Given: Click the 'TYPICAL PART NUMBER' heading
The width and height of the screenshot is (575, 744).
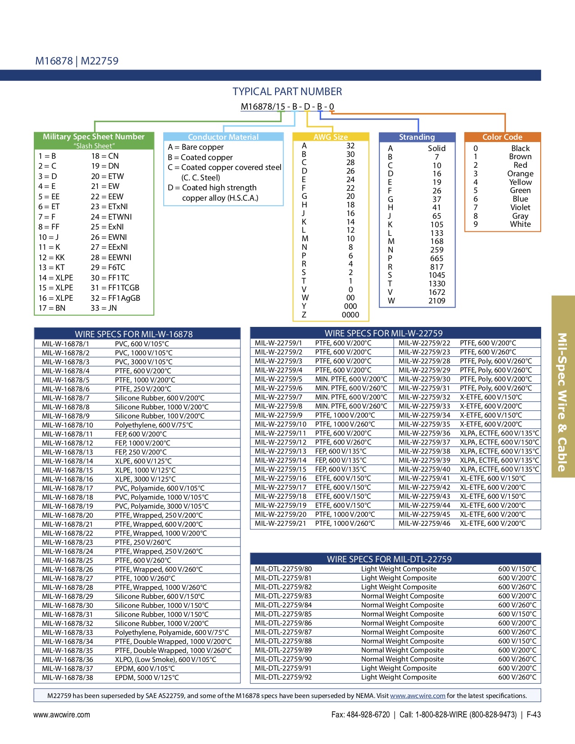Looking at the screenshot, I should click(x=287, y=92).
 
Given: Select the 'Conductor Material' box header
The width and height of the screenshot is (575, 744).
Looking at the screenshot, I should click(x=223, y=137).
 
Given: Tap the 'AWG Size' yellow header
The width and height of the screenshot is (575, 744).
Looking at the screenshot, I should click(x=331, y=137).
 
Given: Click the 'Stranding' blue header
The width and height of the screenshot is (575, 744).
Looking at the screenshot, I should click(x=417, y=137).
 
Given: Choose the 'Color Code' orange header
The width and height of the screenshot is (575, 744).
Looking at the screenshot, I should click(x=502, y=137).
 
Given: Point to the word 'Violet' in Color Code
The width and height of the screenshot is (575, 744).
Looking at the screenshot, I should click(x=520, y=207).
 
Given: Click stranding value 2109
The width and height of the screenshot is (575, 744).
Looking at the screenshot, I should click(x=437, y=301).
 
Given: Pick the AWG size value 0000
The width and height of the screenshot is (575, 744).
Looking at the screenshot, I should click(x=350, y=315).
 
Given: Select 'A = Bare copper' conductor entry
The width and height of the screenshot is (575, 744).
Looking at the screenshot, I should click(x=196, y=147).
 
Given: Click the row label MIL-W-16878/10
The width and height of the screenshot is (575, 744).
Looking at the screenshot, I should click(x=68, y=425).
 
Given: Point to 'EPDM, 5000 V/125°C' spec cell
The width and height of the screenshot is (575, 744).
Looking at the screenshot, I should click(x=147, y=677).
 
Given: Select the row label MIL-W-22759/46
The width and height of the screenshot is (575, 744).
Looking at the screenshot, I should click(x=424, y=524).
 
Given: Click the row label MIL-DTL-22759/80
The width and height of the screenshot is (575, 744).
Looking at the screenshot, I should click(x=283, y=569).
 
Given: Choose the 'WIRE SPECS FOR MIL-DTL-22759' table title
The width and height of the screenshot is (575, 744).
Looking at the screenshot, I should click(x=389, y=559).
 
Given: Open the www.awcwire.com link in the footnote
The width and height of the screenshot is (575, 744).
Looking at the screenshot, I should click(x=418, y=696).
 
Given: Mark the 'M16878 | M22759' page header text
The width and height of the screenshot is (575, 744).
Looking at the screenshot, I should click(x=77, y=61).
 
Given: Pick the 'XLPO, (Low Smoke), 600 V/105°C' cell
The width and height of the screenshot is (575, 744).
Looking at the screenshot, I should click(x=166, y=659).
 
